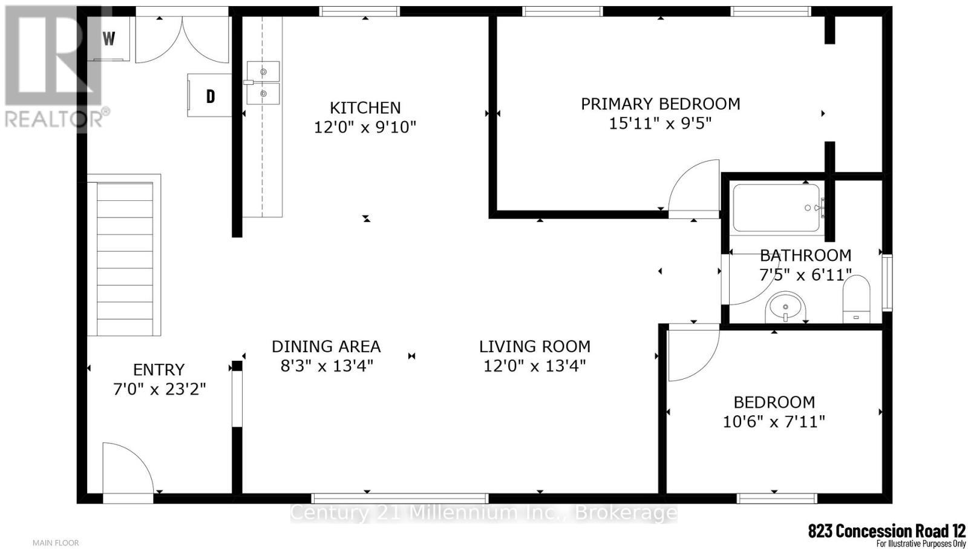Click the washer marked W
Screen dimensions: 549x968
pyautogui.click(x=110, y=39)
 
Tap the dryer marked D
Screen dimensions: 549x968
pyautogui.click(x=210, y=96)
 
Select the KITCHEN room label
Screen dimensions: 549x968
pyautogui.click(x=365, y=108)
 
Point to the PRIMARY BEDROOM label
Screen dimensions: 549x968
pyautogui.click(x=660, y=104)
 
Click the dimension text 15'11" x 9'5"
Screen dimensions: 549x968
pyautogui.click(x=660, y=123)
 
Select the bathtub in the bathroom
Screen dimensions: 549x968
pyautogui.click(x=776, y=208)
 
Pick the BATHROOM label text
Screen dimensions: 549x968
pyautogui.click(x=805, y=255)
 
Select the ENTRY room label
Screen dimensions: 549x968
pyautogui.click(x=159, y=370)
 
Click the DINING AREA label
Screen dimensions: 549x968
pyautogui.click(x=325, y=347)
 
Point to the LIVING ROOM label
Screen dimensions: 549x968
pyautogui.click(x=534, y=347)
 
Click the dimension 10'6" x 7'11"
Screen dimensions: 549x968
pyautogui.click(x=774, y=421)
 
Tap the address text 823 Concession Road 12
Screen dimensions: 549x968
pyautogui.click(x=886, y=531)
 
